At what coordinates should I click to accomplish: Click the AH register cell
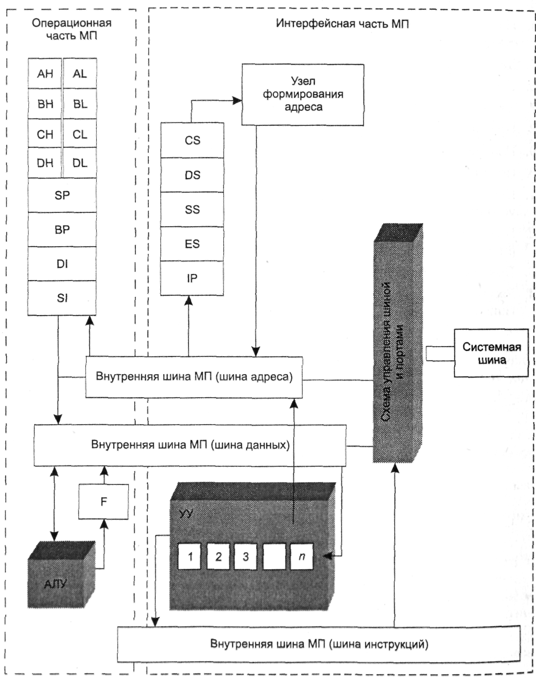tap(45, 73)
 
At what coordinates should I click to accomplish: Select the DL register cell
tap(80, 163)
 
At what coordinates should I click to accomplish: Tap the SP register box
tap(62, 195)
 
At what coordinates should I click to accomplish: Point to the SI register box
tap(62, 298)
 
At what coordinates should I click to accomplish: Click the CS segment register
tap(192, 140)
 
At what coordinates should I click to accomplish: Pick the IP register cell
tap(192, 278)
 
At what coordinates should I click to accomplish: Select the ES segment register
tap(192, 244)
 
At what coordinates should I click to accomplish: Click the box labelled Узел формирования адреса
tap(303, 94)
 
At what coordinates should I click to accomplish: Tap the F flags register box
tap(103, 502)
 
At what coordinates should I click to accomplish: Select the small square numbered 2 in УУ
tap(218, 556)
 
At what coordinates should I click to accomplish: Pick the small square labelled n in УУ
tap(302, 556)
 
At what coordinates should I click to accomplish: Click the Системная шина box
tap(491, 353)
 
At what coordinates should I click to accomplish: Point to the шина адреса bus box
tap(194, 377)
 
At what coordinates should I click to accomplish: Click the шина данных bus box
tap(190, 445)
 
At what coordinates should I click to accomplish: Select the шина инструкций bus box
tap(319, 644)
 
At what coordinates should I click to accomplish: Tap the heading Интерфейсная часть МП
tap(342, 24)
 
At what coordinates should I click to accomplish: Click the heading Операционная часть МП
tap(72, 29)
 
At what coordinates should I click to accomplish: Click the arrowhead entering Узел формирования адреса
tap(238, 101)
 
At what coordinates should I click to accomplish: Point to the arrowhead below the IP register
tap(189, 300)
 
